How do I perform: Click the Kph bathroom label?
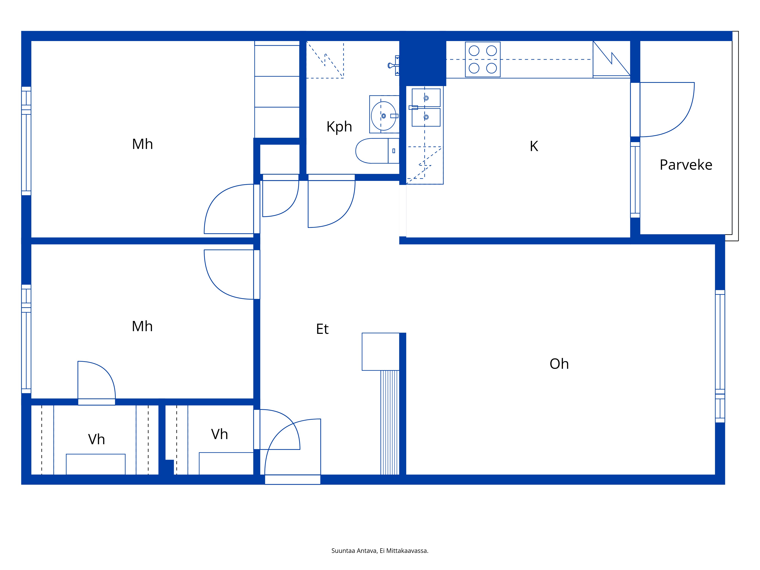coord(339,127)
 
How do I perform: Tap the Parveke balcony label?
coord(686,165)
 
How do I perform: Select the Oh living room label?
coord(559,364)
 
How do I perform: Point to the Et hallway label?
coord(322,329)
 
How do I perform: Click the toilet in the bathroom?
coord(377,151)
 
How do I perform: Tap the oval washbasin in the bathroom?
coord(384,116)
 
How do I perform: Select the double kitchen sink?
coord(426,108)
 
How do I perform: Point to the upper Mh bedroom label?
coord(142,144)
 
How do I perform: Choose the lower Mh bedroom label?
coord(142,326)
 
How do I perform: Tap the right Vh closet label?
coord(219,434)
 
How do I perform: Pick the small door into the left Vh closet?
coord(97,383)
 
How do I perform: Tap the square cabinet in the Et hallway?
coord(381,351)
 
